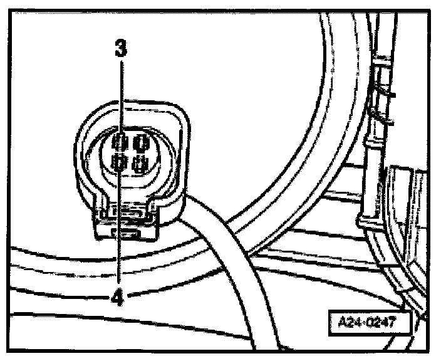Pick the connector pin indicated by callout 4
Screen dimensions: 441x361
point(119,164)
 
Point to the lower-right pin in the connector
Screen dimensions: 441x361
point(140,165)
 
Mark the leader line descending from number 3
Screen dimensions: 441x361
point(121,94)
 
